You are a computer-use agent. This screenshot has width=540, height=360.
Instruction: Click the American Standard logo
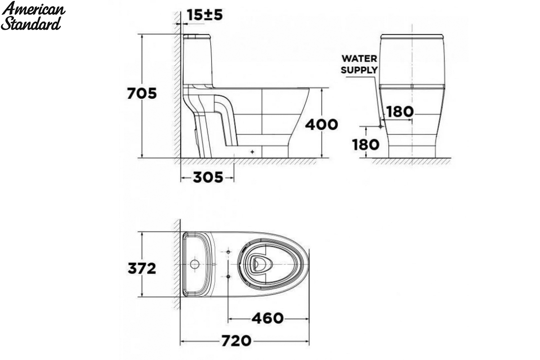[33, 16]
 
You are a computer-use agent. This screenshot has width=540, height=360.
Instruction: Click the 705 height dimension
[142, 93]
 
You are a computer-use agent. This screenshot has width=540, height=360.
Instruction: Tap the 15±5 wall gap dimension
[205, 15]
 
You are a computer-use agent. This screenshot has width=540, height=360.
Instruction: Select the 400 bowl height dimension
[321, 125]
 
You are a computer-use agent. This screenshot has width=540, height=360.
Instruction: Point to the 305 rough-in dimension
[208, 177]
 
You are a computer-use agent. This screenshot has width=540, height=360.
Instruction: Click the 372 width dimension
[142, 268]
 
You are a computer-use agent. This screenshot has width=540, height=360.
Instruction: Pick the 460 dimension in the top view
[268, 318]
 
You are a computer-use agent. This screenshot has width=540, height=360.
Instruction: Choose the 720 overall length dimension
[236, 341]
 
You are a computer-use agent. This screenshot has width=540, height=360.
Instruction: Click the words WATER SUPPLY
[359, 64]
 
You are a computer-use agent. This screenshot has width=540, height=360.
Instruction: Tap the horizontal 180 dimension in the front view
[400, 112]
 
